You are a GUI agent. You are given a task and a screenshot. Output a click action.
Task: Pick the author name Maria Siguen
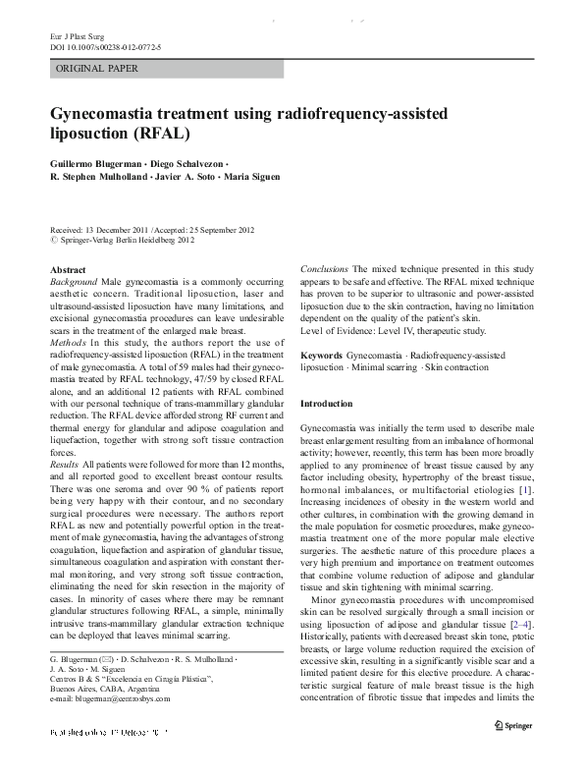coord(250,177)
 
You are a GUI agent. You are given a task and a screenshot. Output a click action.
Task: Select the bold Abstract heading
coord(68,269)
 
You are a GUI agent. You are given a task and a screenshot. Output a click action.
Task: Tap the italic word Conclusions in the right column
coord(324,269)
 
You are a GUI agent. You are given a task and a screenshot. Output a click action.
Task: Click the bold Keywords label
coord(321,354)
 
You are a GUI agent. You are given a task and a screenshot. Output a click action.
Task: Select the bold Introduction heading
coord(326,404)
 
